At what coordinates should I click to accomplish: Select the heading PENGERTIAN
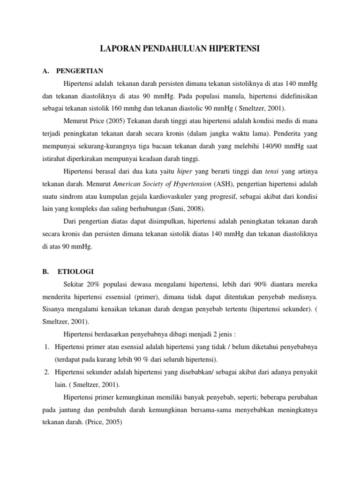[79, 71]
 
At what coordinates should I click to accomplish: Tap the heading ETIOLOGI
[75, 271]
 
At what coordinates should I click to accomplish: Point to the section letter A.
[45, 71]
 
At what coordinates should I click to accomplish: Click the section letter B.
[45, 271]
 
